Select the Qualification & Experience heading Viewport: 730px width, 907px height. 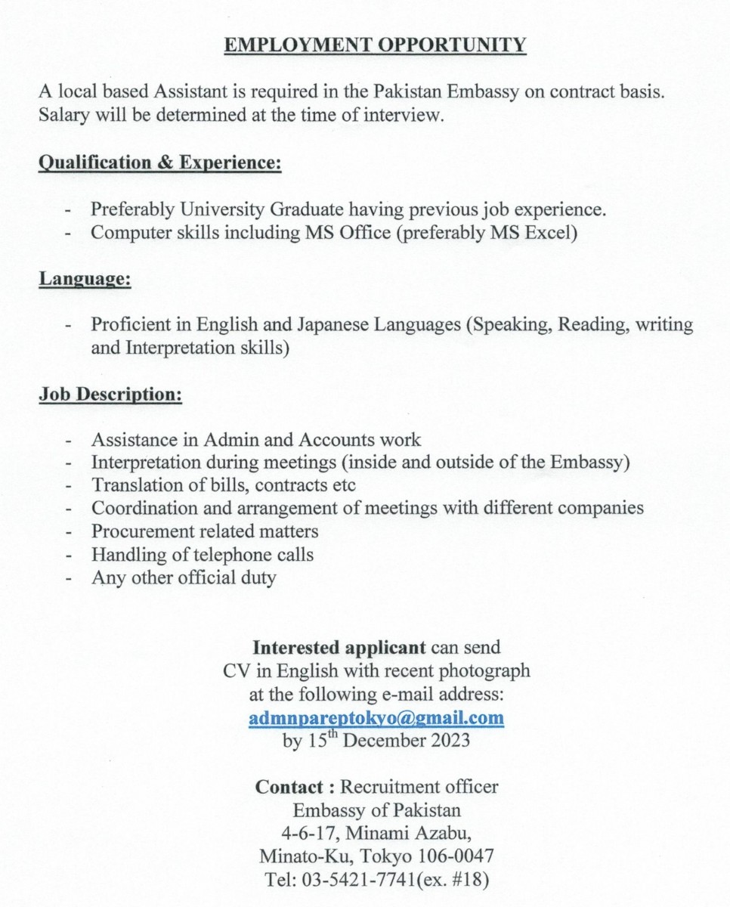[x=160, y=163]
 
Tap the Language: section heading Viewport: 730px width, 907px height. [x=85, y=280]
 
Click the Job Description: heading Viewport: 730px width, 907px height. [x=110, y=395]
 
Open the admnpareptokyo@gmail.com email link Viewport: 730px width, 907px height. [x=376, y=717]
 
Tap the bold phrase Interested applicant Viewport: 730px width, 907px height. [x=340, y=648]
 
